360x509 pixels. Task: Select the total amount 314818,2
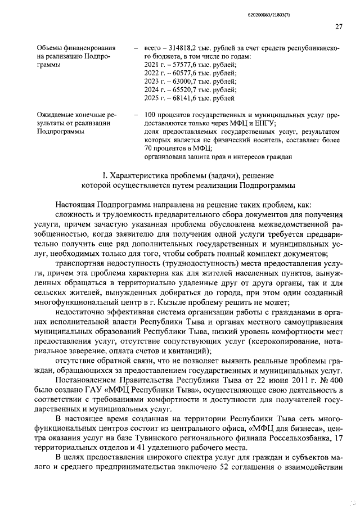tap(179, 49)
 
